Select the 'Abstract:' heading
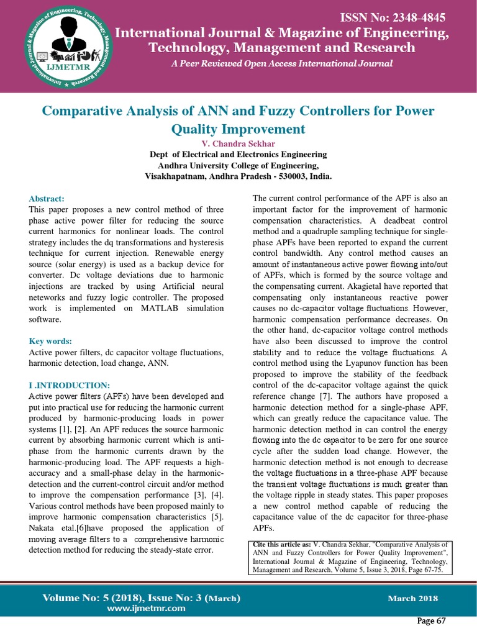coord(47,198)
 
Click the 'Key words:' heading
coord(50,341)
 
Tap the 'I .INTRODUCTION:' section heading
coord(70,384)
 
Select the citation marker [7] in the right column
coord(344,396)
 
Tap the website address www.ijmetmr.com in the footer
coord(146,608)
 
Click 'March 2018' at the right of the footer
coord(412,599)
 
